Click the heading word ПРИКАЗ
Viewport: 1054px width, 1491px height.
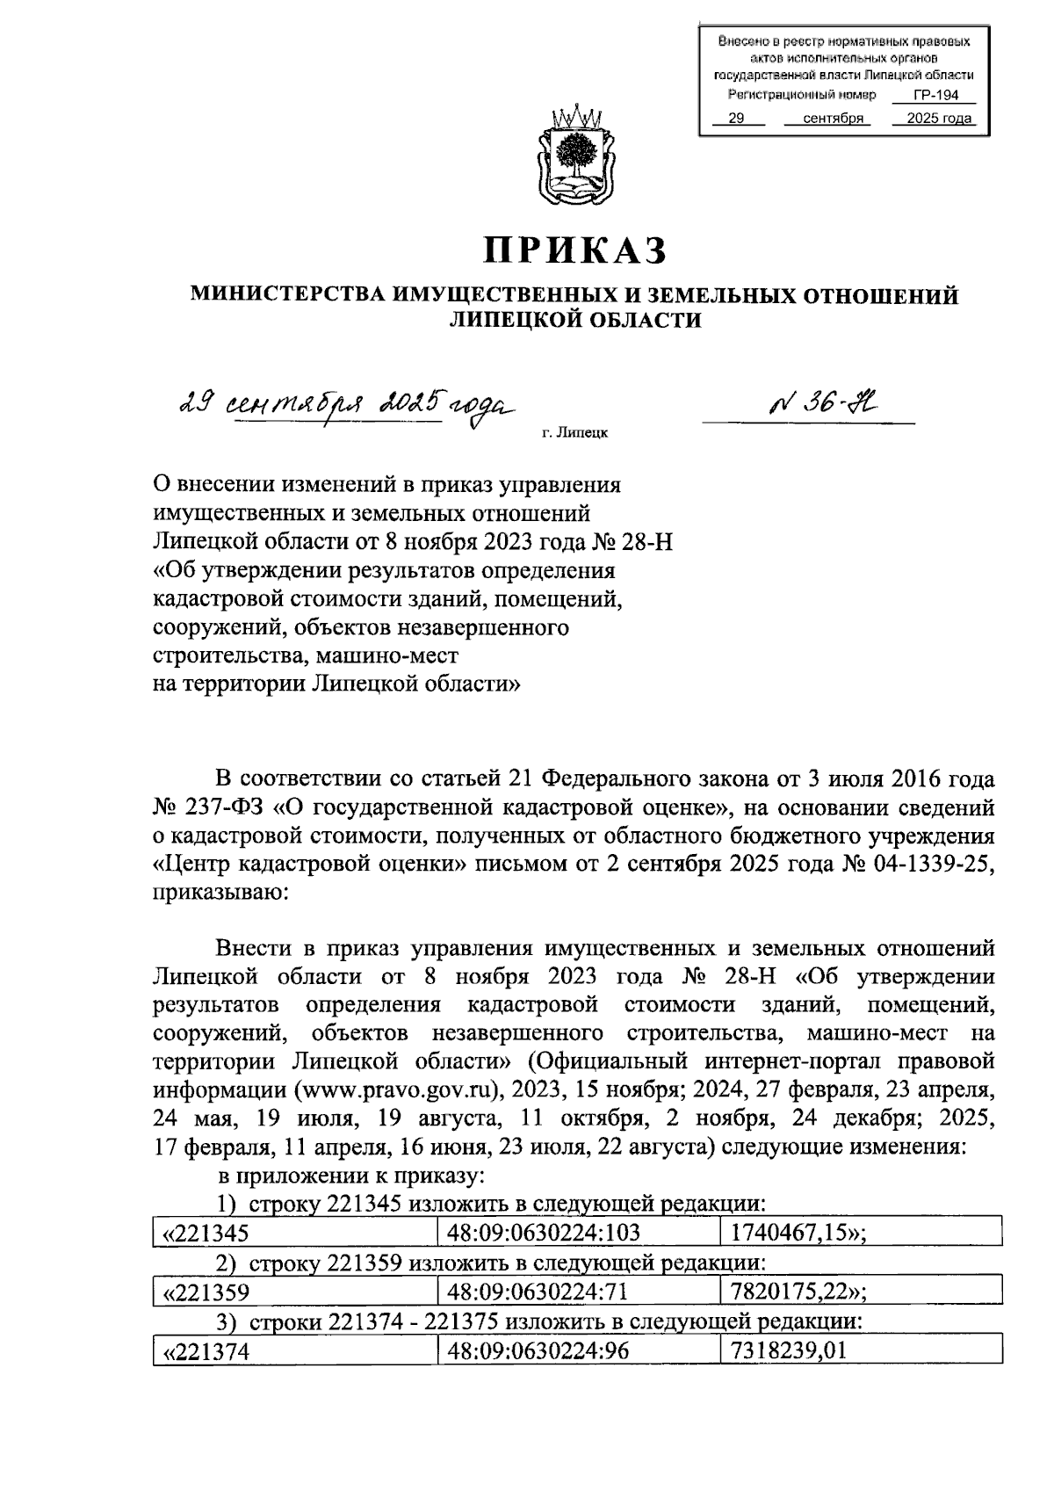pyautogui.click(x=574, y=250)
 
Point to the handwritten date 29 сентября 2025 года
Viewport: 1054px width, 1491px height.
pyautogui.click(x=343, y=406)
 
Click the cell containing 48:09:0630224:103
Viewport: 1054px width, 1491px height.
pyautogui.click(x=544, y=1233)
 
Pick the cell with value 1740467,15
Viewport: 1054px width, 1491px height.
pyautogui.click(x=798, y=1233)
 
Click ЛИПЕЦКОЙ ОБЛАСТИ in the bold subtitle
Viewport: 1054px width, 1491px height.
pyautogui.click(x=574, y=321)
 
